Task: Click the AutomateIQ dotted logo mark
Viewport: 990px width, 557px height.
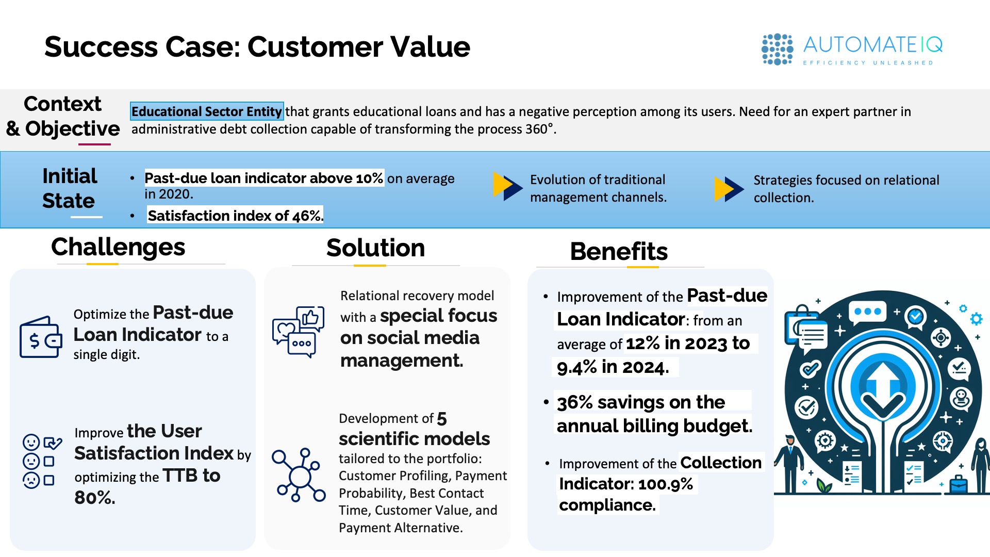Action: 777,49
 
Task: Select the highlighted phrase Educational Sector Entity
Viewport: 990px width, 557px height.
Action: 207,111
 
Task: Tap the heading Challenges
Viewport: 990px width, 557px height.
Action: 118,247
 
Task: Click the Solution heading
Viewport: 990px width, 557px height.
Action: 375,248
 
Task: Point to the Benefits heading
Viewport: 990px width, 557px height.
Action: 619,252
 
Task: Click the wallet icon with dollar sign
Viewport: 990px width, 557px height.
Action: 41,337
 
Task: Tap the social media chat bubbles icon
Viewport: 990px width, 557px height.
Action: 299,332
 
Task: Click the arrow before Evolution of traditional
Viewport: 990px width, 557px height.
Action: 508,186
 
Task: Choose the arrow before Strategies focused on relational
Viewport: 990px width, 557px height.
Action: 729,189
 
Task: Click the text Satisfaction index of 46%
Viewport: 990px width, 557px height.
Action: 235,216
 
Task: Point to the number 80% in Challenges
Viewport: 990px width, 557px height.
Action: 95,498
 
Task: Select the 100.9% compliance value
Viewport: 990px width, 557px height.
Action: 666,484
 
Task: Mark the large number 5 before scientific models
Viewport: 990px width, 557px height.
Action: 442,419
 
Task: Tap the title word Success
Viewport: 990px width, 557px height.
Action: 101,46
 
